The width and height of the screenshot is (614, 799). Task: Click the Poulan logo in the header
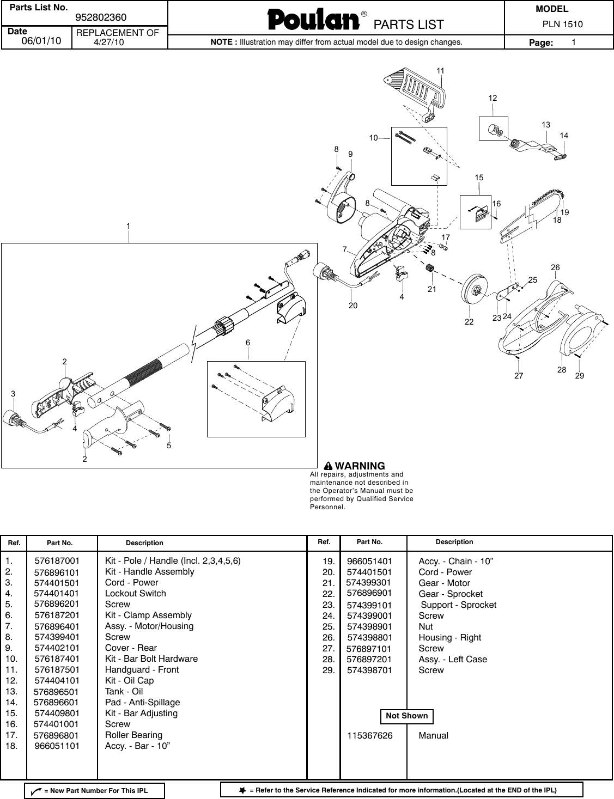tap(313, 20)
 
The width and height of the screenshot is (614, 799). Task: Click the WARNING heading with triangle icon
tap(354, 466)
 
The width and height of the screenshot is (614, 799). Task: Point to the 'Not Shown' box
tap(406, 716)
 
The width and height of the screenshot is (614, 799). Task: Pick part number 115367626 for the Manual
tap(370, 736)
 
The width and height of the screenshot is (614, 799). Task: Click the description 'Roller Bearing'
tap(133, 735)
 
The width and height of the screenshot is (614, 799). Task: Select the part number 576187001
tap(57, 561)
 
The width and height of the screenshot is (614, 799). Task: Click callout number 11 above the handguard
tap(440, 71)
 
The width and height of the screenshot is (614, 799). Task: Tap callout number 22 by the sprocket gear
tap(469, 322)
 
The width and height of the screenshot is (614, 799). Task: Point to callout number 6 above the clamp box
tap(248, 343)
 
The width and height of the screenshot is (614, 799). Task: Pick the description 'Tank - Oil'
tap(124, 692)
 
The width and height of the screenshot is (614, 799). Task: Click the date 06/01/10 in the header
tap(41, 41)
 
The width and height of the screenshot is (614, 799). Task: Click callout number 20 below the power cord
tap(353, 306)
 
